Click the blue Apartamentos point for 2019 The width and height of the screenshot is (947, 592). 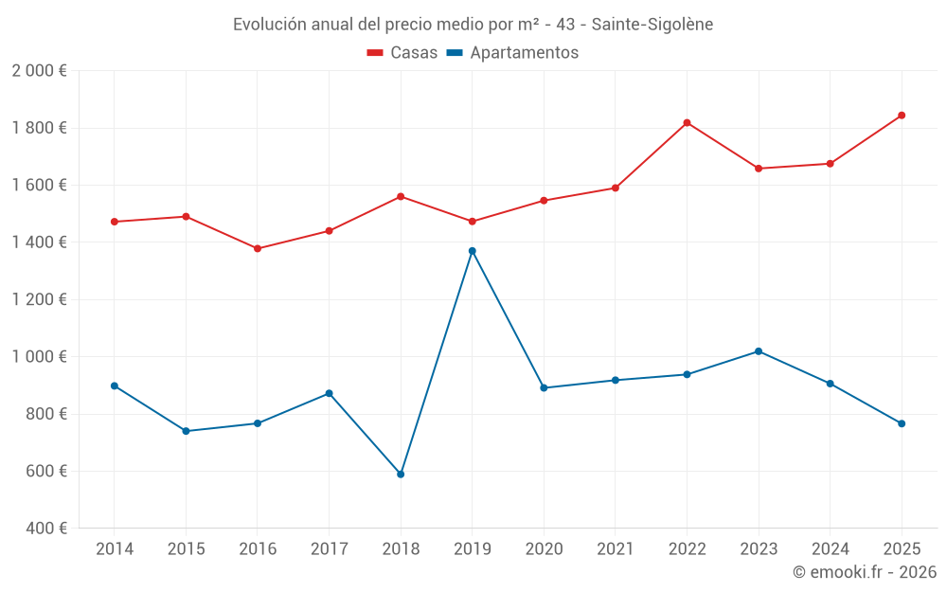click(x=472, y=251)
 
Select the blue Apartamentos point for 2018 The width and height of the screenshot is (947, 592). click(x=401, y=474)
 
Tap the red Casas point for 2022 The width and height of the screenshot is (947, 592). click(x=687, y=123)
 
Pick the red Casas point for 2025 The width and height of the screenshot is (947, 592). click(x=902, y=116)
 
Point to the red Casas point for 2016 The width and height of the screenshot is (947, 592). click(x=258, y=248)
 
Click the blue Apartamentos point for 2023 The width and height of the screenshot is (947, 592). click(x=759, y=351)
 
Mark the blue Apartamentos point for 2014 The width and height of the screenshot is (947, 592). click(x=115, y=386)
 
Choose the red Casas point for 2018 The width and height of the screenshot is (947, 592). click(x=401, y=196)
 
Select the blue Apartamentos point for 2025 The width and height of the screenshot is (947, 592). click(x=902, y=423)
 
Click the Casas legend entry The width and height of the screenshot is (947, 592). click(x=402, y=53)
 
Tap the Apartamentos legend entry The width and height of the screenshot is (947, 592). click(x=512, y=53)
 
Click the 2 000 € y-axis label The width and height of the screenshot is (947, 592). click(x=39, y=71)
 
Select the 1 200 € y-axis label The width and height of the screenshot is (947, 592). click(x=39, y=299)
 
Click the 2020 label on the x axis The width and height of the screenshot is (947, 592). click(x=544, y=549)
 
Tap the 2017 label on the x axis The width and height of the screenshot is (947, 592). click(x=329, y=549)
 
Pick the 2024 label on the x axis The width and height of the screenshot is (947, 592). click(x=830, y=549)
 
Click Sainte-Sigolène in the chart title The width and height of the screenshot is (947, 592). click(x=654, y=25)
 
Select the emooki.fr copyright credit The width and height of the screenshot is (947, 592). click(x=864, y=572)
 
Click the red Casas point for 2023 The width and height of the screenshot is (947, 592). click(x=759, y=169)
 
